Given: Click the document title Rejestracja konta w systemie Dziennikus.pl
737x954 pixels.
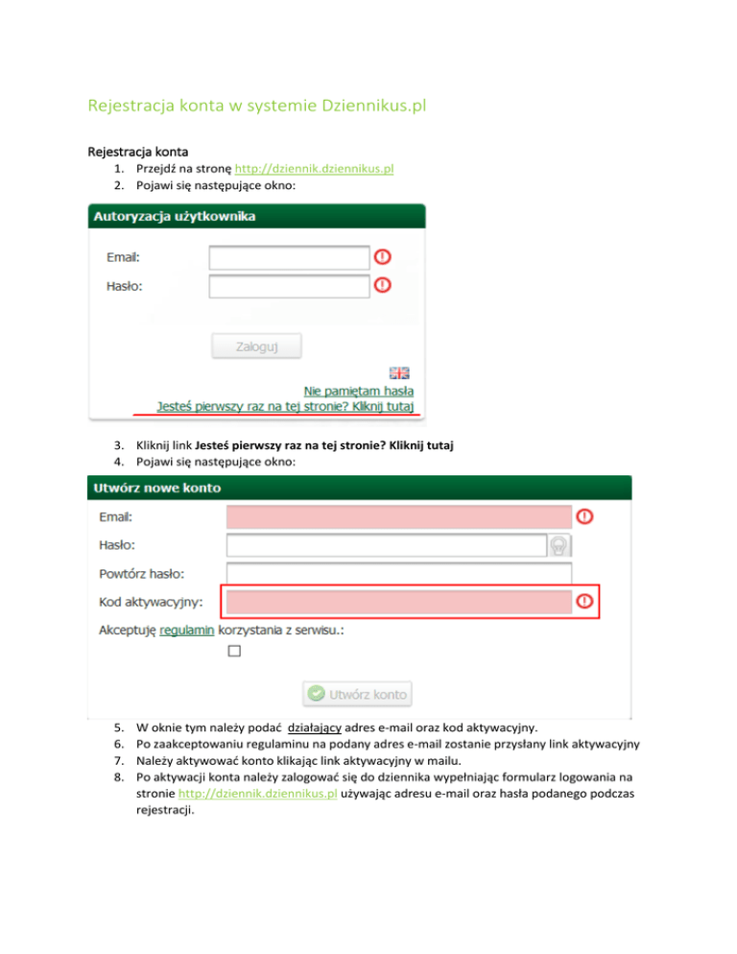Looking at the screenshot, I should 256,104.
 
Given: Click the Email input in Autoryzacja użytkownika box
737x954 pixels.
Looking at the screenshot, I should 289,257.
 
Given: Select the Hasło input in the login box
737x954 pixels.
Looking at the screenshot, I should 289,286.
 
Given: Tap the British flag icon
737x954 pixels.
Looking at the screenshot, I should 398,372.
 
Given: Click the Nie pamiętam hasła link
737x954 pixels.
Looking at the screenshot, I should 359,391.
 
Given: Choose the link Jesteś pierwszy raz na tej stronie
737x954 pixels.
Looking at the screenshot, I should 286,406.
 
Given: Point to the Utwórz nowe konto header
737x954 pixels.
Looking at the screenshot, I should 360,488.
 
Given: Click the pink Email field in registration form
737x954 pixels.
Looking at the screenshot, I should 398,516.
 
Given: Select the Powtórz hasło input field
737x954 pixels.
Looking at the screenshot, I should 398,574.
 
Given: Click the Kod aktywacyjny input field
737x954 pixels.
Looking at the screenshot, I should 398,602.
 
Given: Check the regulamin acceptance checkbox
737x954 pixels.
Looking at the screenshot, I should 234,652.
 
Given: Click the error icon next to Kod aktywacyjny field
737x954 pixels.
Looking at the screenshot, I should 583,602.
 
